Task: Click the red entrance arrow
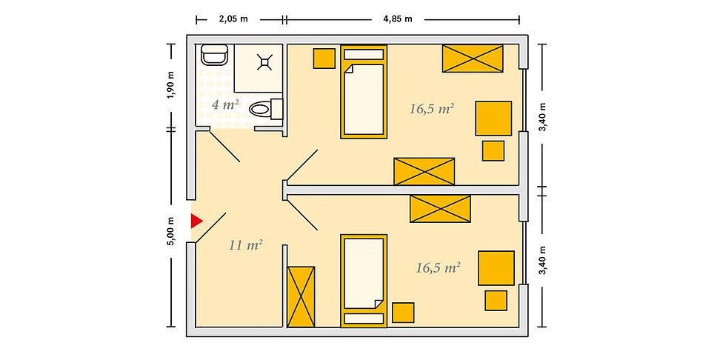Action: tap(196, 221)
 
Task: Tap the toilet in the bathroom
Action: tap(266, 110)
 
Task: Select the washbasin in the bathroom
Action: tap(214, 55)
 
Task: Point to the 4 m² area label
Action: tap(225, 104)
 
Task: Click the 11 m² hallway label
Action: tap(245, 245)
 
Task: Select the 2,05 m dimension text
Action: tap(233, 19)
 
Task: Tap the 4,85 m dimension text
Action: tap(398, 19)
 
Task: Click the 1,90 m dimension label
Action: tap(171, 85)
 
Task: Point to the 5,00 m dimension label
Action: tap(171, 231)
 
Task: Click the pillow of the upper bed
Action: tap(364, 54)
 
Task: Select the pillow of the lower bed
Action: tap(364, 319)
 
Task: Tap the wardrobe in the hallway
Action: tap(301, 296)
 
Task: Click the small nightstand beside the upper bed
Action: tap(324, 59)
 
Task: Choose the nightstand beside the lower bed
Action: tap(403, 313)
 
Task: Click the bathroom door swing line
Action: tap(224, 147)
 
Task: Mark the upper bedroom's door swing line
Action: tap(302, 164)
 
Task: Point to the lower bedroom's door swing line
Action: tap(302, 214)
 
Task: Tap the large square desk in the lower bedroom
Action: tap(496, 268)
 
